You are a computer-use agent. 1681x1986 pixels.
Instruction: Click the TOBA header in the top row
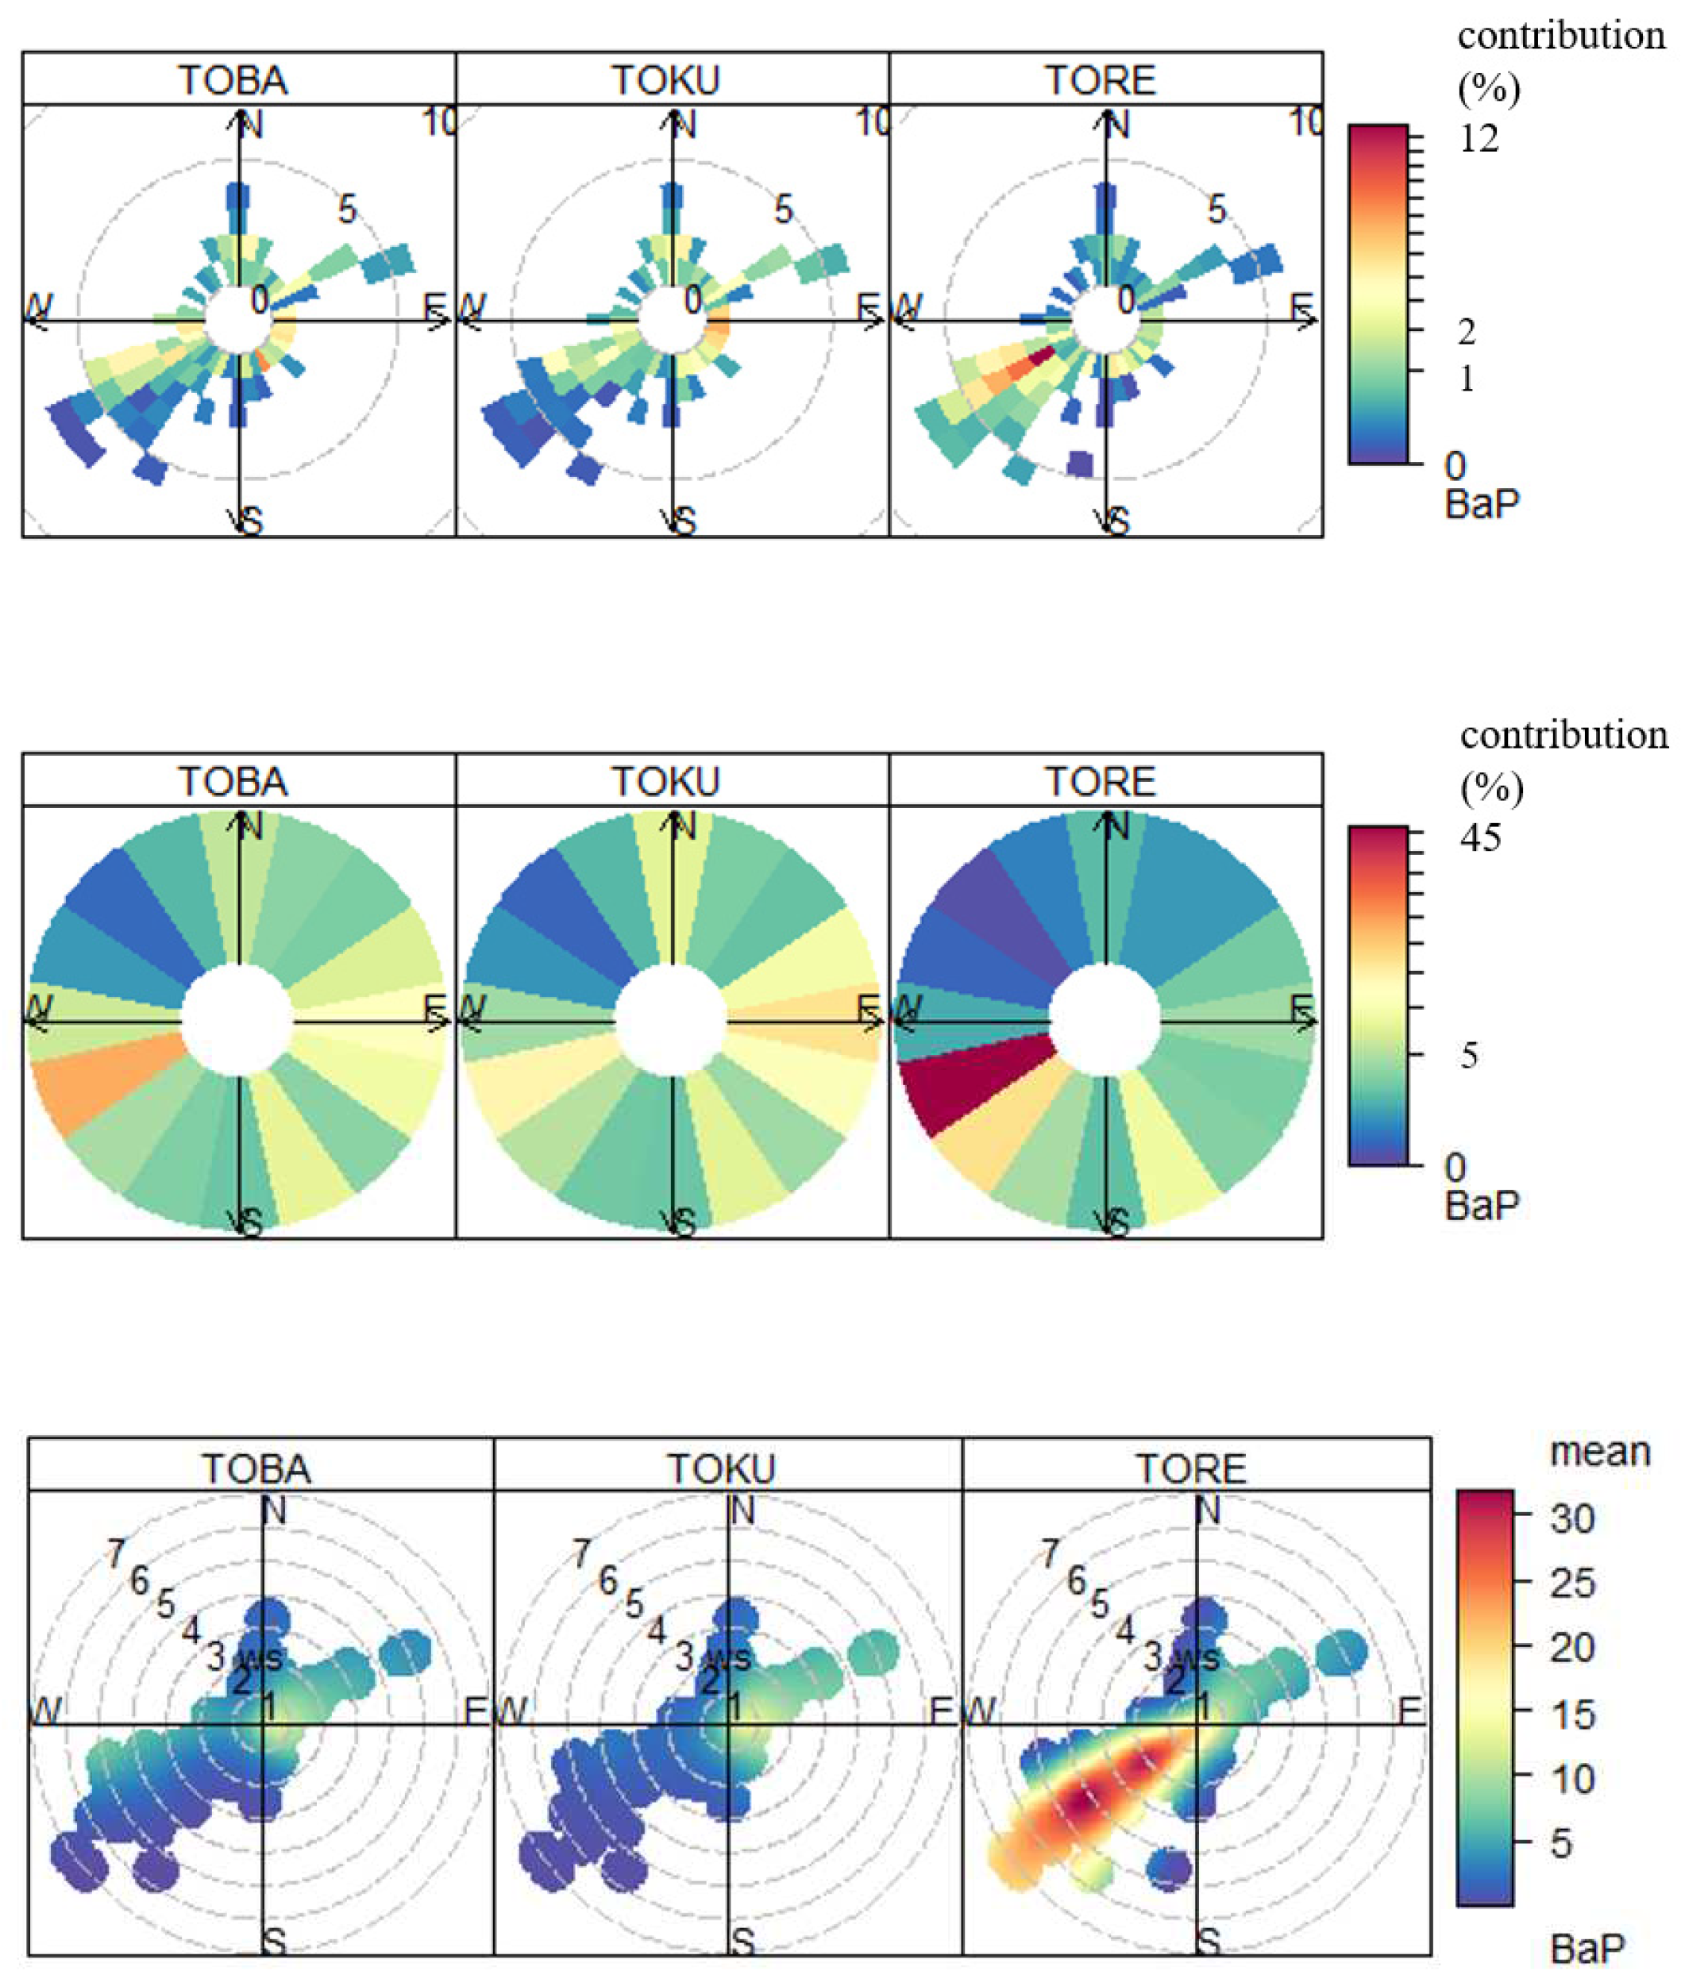coord(233,80)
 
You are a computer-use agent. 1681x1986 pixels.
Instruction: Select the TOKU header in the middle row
coord(665,781)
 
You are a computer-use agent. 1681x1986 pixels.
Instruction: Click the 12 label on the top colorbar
coord(1478,139)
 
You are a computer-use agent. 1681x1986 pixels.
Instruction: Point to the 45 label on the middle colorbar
coord(1480,838)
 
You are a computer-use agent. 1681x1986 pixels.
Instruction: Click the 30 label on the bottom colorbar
coord(1571,1518)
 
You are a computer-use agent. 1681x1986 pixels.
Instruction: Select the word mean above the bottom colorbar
coord(1600,1452)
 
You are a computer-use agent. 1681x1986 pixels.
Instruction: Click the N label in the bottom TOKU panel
coord(742,1511)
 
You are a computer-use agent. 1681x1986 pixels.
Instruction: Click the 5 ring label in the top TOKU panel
coord(782,210)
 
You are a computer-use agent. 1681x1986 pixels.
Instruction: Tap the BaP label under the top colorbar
coord(1482,503)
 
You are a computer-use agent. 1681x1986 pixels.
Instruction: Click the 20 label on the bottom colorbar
coord(1571,1647)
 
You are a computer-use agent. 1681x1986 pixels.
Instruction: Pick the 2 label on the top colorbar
coord(1467,332)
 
